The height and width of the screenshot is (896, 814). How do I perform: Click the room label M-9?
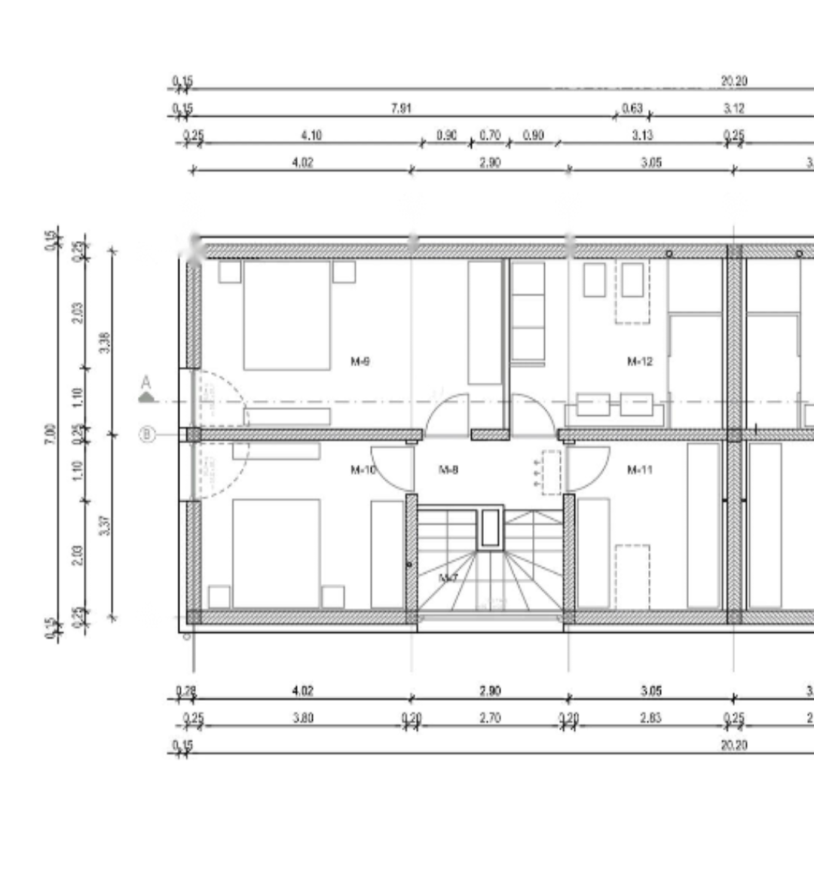pos(360,362)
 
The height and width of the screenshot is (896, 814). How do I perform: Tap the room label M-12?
pos(639,362)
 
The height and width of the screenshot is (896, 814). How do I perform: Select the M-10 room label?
pos(363,470)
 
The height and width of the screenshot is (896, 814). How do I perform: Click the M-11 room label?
pos(639,470)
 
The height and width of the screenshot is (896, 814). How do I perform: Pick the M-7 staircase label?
pos(448,578)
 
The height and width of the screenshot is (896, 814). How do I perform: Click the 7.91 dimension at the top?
pos(401,109)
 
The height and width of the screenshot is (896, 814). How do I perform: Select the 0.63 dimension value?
pos(632,109)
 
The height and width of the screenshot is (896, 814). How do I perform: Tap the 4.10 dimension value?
pos(311,136)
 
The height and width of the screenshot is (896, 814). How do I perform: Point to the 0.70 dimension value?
pos(490,136)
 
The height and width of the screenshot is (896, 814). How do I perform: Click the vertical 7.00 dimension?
pos(50,434)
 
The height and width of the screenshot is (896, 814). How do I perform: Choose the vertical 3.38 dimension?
pos(105,343)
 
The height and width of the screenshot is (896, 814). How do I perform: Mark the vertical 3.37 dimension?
pos(105,525)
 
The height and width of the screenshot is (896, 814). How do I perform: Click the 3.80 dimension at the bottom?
pos(303,718)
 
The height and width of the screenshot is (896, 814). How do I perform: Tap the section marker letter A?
pos(146,384)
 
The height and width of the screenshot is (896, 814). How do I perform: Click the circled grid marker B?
pos(147,435)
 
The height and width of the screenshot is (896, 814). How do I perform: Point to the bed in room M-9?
pos(286,315)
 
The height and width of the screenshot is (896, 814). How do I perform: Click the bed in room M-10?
pos(276,552)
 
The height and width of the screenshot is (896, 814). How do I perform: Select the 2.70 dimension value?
pos(490,718)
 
